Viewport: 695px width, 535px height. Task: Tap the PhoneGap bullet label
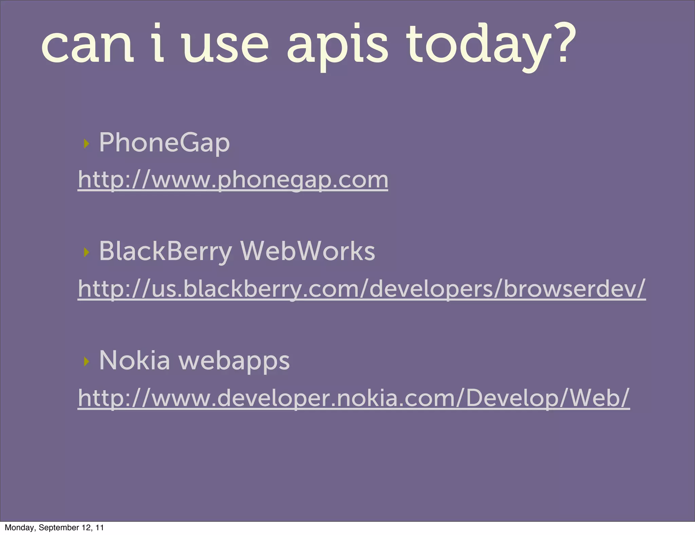pyautogui.click(x=164, y=143)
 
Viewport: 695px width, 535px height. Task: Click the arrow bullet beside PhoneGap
pyautogui.click(x=86, y=144)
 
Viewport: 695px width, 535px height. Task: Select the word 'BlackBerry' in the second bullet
pyautogui.click(x=165, y=251)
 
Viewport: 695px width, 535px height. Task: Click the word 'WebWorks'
pyautogui.click(x=307, y=251)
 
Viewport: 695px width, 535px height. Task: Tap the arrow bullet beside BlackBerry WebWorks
pyautogui.click(x=86, y=252)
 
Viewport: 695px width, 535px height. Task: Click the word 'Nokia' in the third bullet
pyautogui.click(x=134, y=360)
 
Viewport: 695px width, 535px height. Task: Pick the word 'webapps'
pyautogui.click(x=234, y=361)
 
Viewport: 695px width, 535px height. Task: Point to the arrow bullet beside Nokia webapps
pyautogui.click(x=86, y=362)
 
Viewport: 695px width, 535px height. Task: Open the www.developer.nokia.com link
pyautogui.click(x=354, y=398)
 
